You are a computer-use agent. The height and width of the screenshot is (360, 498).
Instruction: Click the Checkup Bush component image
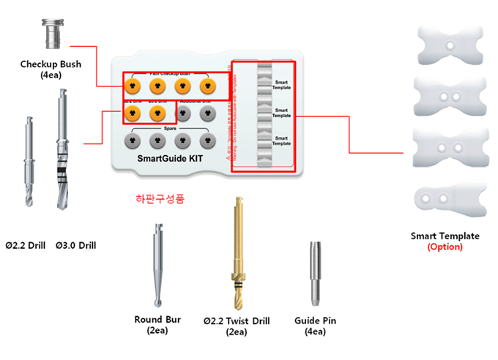(x=51, y=34)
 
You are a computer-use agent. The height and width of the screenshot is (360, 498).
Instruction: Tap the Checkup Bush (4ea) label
(x=51, y=69)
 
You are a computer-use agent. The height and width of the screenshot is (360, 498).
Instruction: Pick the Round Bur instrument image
(x=159, y=264)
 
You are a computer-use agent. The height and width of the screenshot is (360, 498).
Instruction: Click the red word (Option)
(x=445, y=247)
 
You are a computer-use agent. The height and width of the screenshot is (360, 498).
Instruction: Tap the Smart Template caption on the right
(x=445, y=236)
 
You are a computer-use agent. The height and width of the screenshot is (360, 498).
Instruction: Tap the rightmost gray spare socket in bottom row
(x=209, y=138)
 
